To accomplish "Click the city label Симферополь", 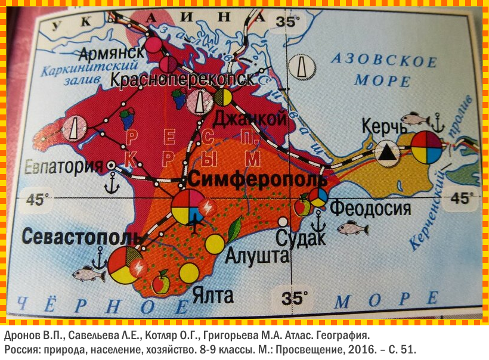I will (x=258, y=179).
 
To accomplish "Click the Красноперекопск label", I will (x=182, y=79).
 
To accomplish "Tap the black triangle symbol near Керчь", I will (x=388, y=153).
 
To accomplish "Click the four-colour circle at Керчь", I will (x=427, y=147).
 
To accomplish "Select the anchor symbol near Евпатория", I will (x=111, y=186).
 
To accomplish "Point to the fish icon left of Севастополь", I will (x=88, y=274).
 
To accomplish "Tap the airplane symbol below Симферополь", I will (x=194, y=225).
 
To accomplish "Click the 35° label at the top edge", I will (x=285, y=22).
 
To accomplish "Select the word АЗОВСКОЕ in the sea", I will (x=383, y=60).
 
